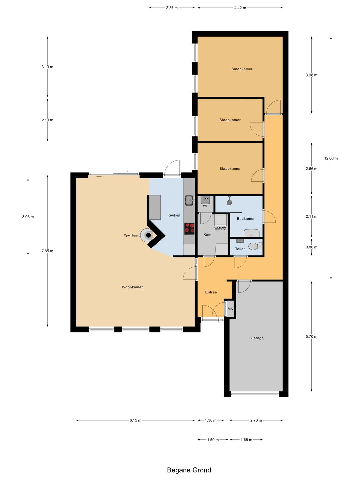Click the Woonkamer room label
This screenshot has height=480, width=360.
[132, 287]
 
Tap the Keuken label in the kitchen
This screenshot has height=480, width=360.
[174, 215]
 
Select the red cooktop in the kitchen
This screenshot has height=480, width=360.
[189, 229]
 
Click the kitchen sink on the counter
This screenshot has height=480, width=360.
[189, 200]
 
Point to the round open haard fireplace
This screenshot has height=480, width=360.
[146, 235]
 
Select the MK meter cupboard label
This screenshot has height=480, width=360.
[230, 309]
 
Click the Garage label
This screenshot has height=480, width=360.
[257, 338]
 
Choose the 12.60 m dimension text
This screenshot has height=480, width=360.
[331, 158]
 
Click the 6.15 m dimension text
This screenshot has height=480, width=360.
[136, 420]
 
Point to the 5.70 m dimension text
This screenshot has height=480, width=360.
[311, 337]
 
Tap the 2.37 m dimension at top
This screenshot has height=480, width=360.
[172, 8]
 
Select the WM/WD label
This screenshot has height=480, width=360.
[220, 229]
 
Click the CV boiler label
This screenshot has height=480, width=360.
[205, 206]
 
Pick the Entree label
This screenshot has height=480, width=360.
[211, 292]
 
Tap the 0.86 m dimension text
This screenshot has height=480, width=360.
[311, 247]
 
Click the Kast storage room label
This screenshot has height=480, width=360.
[207, 235]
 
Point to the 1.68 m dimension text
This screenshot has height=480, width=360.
[246, 440]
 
